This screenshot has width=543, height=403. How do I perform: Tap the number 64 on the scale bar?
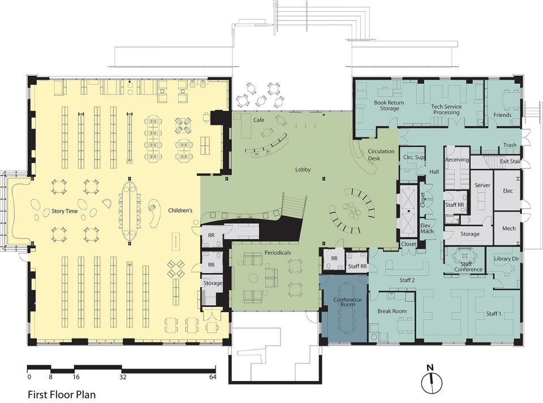[x=213, y=377]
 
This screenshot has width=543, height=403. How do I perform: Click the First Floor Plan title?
[x=62, y=395]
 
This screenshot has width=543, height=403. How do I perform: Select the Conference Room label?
[x=347, y=302]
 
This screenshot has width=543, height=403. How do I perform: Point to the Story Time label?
[x=64, y=211]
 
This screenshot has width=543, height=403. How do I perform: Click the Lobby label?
[x=303, y=170]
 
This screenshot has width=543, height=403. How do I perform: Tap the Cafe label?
[x=258, y=120]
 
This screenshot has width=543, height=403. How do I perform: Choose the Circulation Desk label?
[x=381, y=155]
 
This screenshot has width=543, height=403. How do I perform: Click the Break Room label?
[x=392, y=311]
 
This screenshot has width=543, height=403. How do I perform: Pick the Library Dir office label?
[x=507, y=259]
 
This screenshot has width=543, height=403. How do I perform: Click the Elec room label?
[x=508, y=191]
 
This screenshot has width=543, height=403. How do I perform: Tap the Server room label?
[x=482, y=185]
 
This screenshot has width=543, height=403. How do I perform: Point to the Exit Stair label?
[x=510, y=162]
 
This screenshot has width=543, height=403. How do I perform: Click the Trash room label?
[x=510, y=145]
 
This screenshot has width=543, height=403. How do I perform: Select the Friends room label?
[x=502, y=115]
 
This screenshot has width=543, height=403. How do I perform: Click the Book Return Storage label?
[x=389, y=106]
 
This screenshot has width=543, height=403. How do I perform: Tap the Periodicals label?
[x=278, y=253]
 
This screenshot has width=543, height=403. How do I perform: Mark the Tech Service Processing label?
[x=446, y=109]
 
